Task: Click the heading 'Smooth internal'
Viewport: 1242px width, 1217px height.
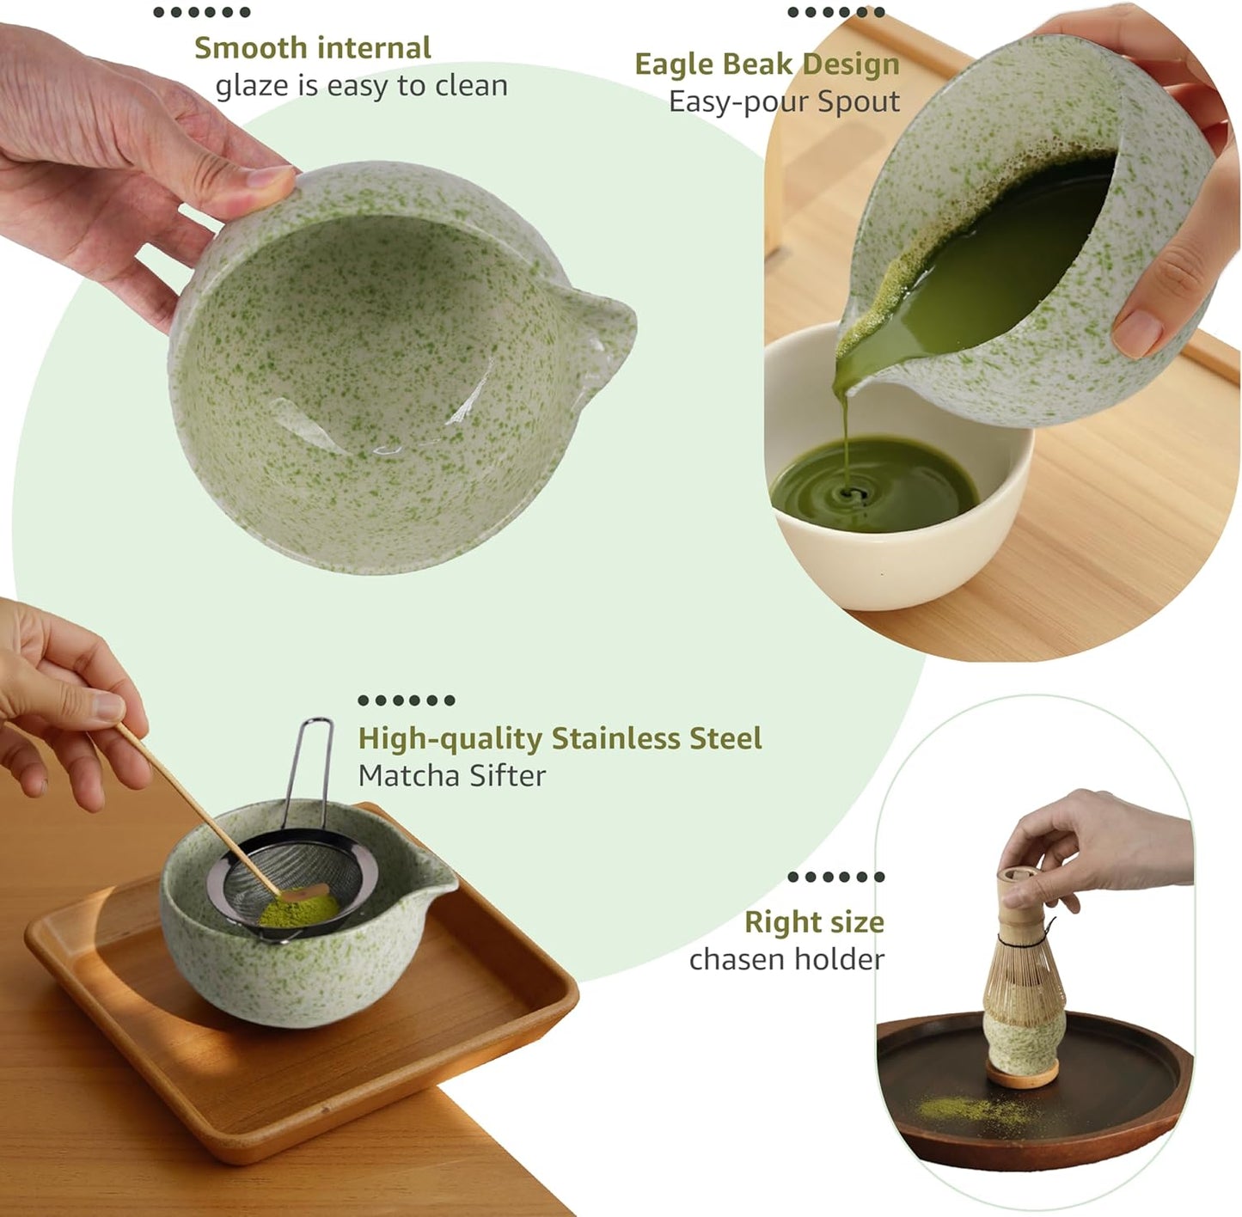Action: [312, 48]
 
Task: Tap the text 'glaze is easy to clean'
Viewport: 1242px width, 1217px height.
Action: [361, 86]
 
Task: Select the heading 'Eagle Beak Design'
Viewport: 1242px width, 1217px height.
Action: [767, 64]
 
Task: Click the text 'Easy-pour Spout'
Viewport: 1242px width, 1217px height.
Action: [784, 101]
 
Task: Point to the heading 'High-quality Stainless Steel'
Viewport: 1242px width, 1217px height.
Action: [560, 738]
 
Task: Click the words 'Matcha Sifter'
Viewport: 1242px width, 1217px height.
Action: [451, 775]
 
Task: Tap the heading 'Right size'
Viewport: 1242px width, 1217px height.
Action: [813, 922]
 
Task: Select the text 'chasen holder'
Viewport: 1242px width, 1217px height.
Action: [786, 959]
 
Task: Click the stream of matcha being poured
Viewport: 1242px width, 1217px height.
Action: [846, 438]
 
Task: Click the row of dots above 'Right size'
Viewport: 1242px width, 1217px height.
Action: [835, 877]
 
